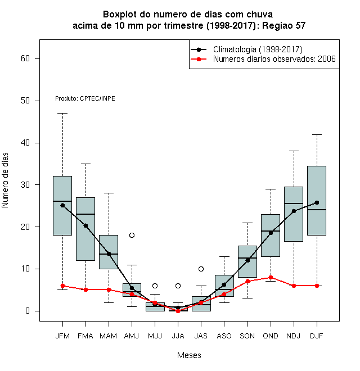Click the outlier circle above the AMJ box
pos(132,235)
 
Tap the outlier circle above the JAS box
pos(201,269)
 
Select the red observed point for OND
pos(271,277)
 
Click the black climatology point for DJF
pos(317,202)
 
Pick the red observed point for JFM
pos(63,286)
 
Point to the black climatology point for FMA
pos(85,226)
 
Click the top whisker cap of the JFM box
pos(63,114)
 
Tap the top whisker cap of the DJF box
pos(317,135)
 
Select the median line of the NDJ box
pos(294,203)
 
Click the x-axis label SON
pos(247,336)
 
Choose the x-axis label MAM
pos(108,336)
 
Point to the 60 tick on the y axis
pos(37,58)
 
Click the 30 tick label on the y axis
pos(25,185)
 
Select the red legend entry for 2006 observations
pos(263,59)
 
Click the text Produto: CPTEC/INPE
pos(85,98)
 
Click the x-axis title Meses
pos(189,355)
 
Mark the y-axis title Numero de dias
pos(5,180)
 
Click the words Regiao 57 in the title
pos(283,25)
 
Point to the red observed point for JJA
pos(178,311)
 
